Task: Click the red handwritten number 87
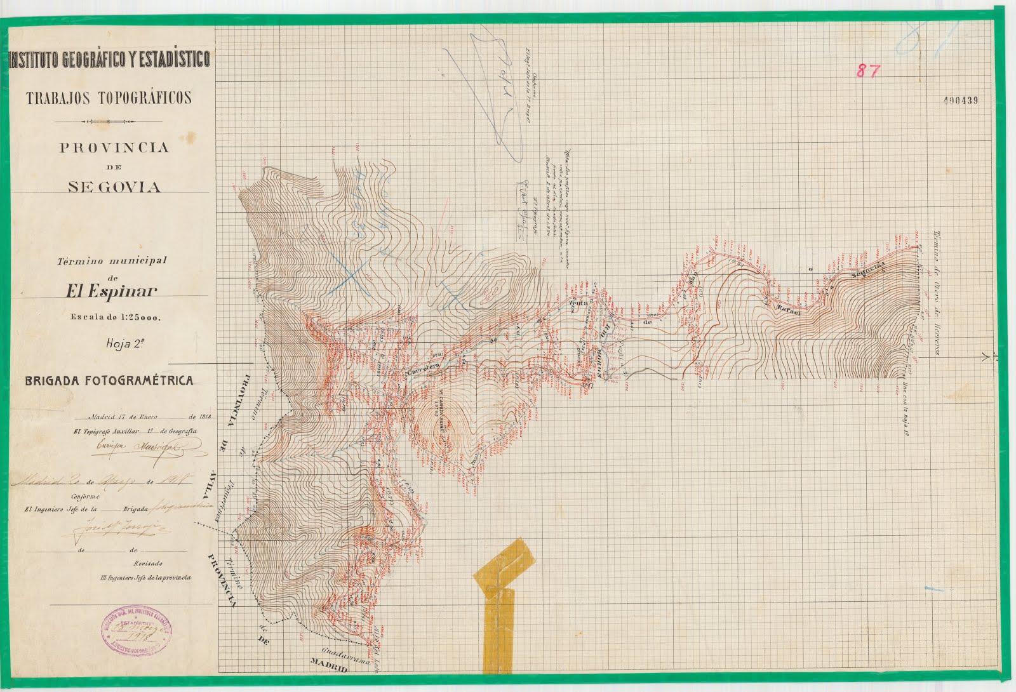(868, 71)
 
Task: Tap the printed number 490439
(961, 100)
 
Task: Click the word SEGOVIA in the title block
(115, 187)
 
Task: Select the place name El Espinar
(111, 291)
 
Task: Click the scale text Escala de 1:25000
(115, 318)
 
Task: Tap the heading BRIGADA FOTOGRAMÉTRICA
(109, 381)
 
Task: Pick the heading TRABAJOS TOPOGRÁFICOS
(109, 98)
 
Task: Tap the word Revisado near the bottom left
(147, 563)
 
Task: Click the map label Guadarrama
(345, 656)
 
